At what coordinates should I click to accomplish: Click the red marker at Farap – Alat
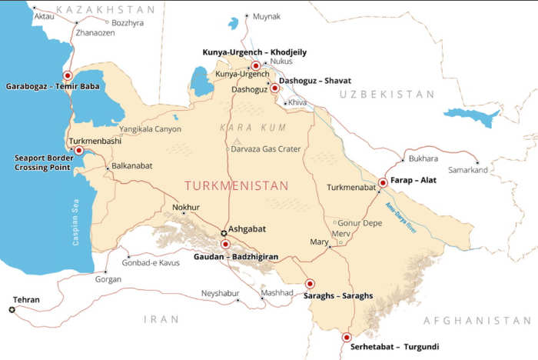[x=383, y=183]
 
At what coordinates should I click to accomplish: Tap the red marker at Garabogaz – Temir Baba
[x=68, y=75]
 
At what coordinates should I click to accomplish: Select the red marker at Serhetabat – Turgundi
[x=346, y=337]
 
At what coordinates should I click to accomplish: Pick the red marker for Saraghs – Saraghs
[x=311, y=283]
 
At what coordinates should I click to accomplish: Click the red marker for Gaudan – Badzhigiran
[x=225, y=244]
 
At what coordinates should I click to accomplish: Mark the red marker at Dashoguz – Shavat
[x=274, y=88]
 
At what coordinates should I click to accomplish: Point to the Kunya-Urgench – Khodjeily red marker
[x=255, y=65]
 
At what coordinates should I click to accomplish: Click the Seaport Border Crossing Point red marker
[x=78, y=151]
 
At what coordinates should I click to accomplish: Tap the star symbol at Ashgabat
[x=224, y=232]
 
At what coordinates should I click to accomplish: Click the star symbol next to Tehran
[x=12, y=309]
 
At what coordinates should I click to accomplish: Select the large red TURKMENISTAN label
[x=236, y=186]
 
